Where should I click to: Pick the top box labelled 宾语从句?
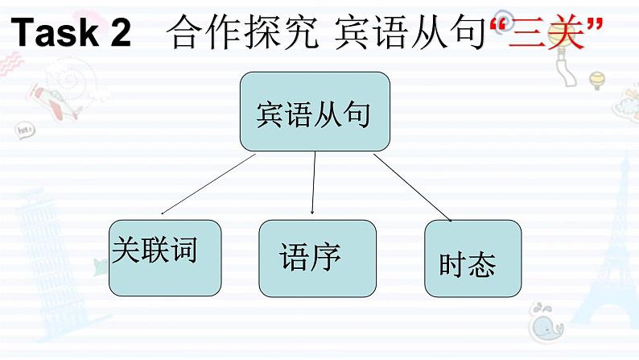[x=315, y=112]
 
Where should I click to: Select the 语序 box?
[x=317, y=258]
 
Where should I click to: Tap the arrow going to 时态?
[x=411, y=186]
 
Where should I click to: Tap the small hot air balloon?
[x=596, y=80]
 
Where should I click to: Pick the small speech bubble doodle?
[x=24, y=129]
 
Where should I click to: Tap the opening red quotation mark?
[x=498, y=24]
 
